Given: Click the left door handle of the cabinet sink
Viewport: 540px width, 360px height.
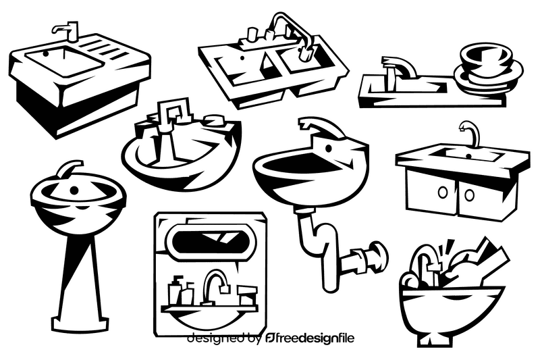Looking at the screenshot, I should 443,192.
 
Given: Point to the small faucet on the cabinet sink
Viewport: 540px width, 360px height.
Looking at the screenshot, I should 470,133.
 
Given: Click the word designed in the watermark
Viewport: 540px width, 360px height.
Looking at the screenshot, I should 215,338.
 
